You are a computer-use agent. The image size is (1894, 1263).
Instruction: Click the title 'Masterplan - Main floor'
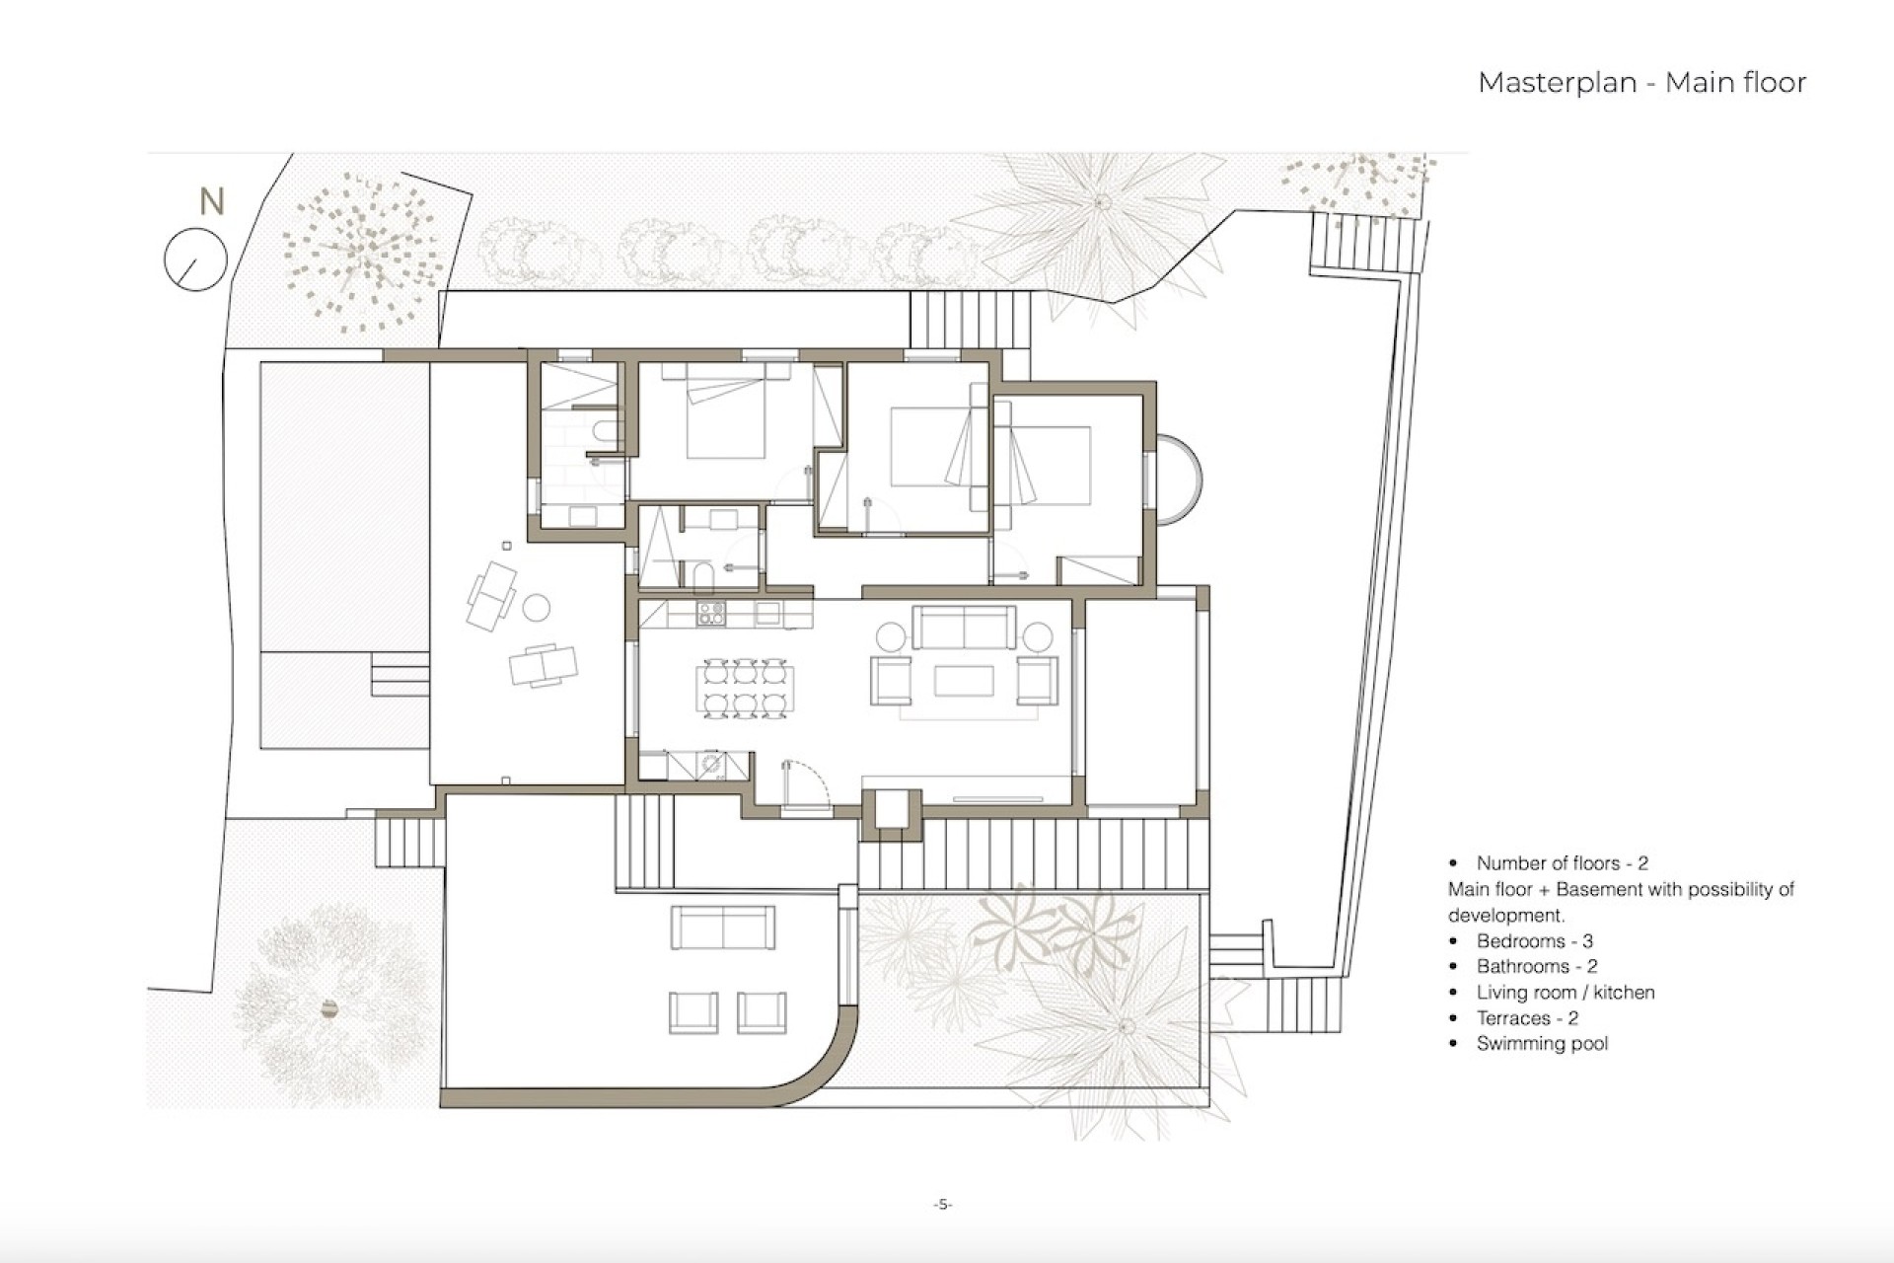1641,83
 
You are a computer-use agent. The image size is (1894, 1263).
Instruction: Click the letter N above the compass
211,201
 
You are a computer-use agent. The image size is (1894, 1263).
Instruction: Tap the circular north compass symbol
195,260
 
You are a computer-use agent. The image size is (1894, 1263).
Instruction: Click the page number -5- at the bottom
943,1204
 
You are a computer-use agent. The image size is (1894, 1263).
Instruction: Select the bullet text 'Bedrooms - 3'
1534,941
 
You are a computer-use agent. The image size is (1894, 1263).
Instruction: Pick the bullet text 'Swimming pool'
1542,1044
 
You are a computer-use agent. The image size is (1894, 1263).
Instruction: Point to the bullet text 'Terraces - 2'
1526,1018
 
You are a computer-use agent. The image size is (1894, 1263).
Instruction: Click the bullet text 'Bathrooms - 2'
1536,967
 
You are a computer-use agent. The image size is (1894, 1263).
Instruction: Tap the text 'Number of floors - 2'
1562,863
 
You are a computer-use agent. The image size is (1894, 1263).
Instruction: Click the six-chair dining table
745,688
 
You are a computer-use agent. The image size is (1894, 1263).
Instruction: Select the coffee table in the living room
964,681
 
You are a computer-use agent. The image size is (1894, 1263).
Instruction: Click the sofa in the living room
964,627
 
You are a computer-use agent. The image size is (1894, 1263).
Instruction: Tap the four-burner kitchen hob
711,614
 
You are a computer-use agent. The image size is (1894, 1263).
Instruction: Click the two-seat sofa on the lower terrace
723,928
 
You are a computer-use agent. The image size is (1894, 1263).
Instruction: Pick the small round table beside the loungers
536,608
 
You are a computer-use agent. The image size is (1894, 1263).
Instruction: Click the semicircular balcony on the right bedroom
1179,480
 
